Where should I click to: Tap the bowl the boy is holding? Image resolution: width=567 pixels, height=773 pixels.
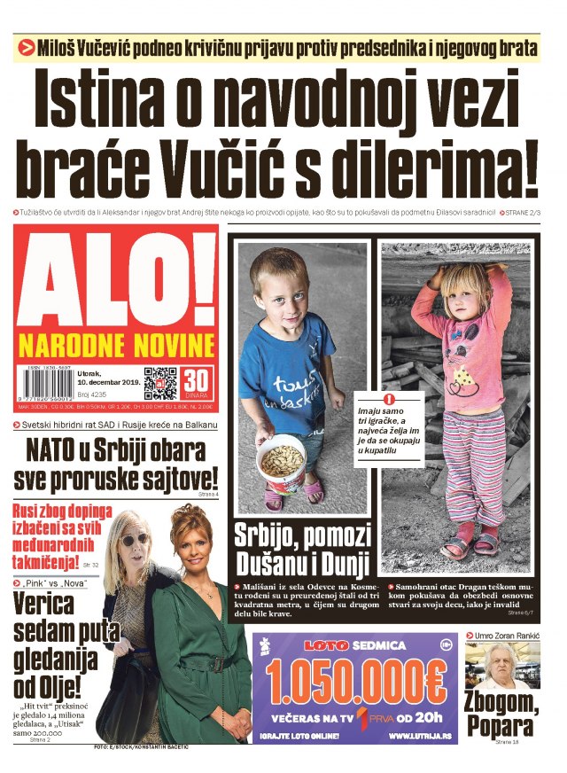click(x=282, y=462)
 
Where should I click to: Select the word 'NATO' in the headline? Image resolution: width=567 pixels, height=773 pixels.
click(x=57, y=450)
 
